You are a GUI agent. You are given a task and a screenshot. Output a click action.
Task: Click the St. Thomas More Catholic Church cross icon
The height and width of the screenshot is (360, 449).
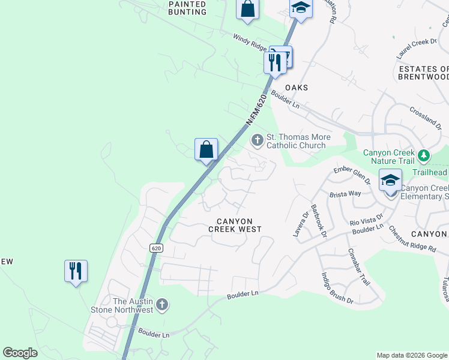(x=257, y=140)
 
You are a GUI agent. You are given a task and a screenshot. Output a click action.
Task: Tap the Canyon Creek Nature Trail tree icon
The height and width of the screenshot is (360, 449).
(x=424, y=156)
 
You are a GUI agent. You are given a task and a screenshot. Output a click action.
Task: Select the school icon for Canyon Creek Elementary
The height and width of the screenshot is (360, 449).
(x=390, y=180)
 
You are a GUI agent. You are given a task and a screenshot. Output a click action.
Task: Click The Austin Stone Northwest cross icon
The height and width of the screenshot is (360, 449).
(x=161, y=305)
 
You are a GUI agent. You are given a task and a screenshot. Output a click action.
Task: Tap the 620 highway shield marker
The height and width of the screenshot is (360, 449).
(x=156, y=248)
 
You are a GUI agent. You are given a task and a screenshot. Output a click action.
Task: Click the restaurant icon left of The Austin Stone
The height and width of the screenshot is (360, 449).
(x=76, y=271)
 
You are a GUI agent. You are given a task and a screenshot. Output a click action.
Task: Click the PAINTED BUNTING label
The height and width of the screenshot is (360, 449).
(x=187, y=8)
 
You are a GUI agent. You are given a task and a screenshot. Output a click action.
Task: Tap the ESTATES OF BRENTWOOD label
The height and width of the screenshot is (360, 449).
(x=424, y=73)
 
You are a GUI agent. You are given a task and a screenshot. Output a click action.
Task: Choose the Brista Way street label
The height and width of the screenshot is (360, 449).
(x=345, y=194)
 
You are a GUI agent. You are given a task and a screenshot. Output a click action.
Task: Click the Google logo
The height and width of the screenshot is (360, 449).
(x=20, y=353)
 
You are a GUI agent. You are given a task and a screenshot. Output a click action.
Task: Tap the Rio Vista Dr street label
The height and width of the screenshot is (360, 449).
(x=366, y=222)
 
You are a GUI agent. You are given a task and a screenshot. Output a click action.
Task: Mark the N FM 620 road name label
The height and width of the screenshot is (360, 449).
(x=256, y=109)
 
